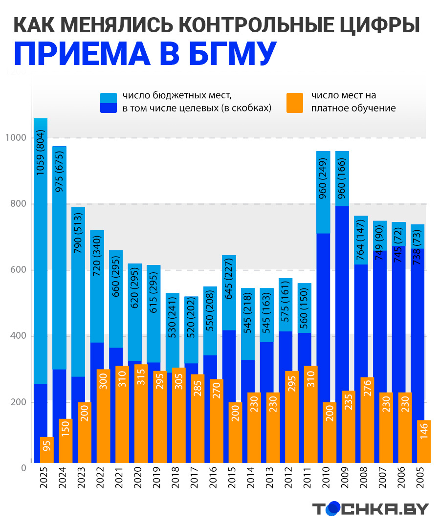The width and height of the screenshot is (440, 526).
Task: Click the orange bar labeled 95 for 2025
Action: (x=47, y=450)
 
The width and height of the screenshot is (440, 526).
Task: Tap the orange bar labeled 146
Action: (x=424, y=441)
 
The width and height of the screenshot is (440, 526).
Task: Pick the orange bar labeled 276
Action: (x=368, y=420)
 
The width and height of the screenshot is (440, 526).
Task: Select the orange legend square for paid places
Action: (x=295, y=102)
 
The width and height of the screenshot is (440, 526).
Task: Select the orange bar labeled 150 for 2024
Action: (x=66, y=440)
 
